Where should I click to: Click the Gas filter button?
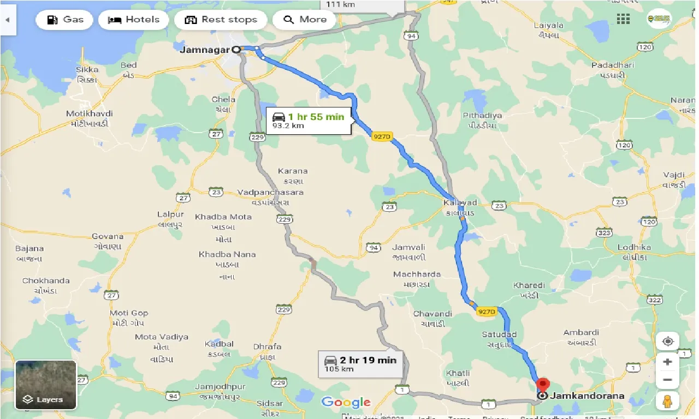[x=65, y=20]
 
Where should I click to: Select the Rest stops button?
[x=221, y=20]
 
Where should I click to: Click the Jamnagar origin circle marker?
[x=236, y=50]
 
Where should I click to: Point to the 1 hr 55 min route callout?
[x=309, y=121]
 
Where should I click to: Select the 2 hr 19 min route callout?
[x=360, y=363]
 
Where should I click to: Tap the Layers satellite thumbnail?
[x=46, y=385]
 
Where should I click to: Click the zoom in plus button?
[x=667, y=361]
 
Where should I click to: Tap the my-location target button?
[x=667, y=342]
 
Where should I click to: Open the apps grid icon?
[x=623, y=19]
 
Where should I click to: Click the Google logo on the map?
[x=346, y=403]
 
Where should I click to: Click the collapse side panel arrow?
[x=8, y=20]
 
